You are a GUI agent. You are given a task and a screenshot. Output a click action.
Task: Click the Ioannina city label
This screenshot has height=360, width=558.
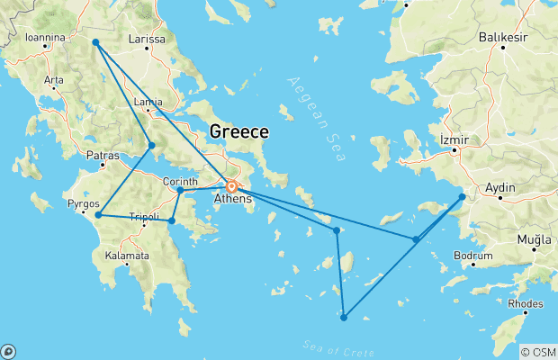coord(46,38)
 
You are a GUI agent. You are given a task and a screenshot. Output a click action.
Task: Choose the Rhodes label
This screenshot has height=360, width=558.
coord(526,303)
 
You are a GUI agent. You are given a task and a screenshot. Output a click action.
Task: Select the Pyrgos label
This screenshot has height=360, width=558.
coord(84,204)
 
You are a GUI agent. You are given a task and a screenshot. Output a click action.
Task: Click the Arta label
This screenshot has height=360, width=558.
coord(54,80)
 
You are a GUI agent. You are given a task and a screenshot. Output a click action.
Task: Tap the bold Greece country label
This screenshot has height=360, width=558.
coord(238,132)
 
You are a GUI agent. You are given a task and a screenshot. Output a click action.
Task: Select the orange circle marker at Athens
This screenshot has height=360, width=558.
coord(231,187)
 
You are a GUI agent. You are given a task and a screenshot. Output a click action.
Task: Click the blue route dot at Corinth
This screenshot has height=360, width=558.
coord(180,190)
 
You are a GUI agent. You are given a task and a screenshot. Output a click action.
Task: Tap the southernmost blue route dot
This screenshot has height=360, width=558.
coord(344,317)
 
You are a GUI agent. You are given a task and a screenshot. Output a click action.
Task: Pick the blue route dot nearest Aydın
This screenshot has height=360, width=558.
coord(462,195)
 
